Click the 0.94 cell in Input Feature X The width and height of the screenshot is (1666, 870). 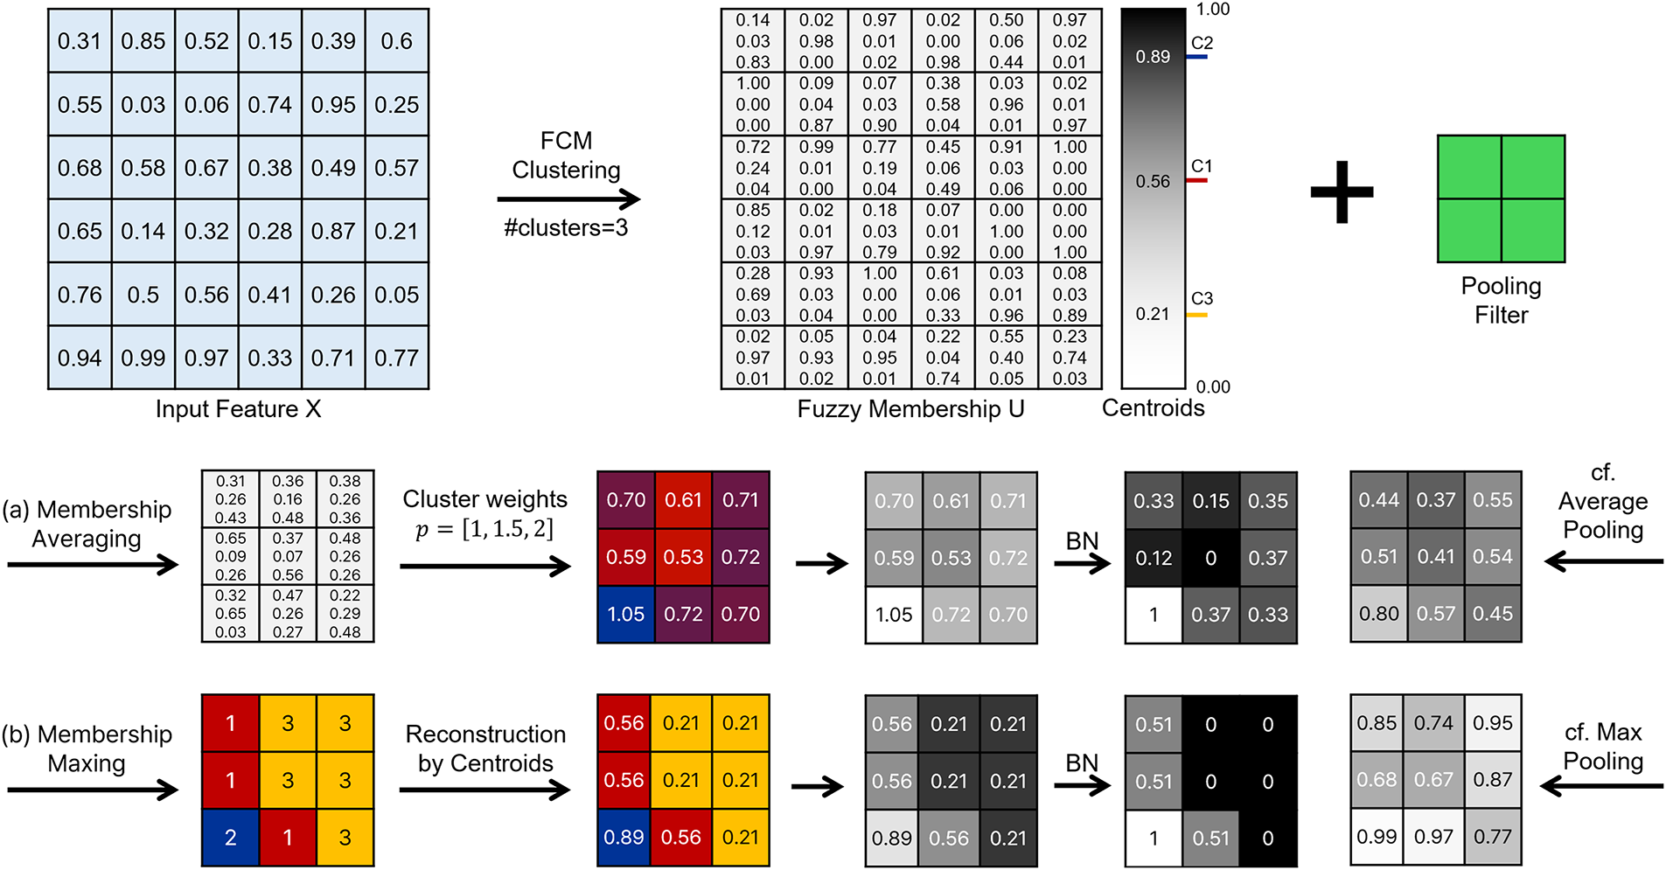point(80,358)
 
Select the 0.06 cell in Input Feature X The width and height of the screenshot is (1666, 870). point(206,104)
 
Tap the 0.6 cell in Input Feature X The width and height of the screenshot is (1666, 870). point(397,41)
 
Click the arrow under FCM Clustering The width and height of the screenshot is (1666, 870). point(568,199)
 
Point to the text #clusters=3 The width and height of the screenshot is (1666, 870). point(566,228)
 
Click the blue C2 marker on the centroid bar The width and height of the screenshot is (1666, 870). point(1197,57)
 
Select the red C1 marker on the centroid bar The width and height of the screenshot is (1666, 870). point(1196,180)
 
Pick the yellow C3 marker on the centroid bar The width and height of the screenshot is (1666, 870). point(1196,315)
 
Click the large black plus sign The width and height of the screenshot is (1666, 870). point(1342,192)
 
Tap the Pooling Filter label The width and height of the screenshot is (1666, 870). point(1501,300)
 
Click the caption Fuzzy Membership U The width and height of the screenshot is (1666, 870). point(910,409)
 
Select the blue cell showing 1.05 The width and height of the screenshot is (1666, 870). point(626,614)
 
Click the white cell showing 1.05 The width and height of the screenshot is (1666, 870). point(894,615)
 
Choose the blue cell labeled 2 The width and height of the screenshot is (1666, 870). point(230,838)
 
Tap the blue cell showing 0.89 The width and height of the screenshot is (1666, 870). point(624,838)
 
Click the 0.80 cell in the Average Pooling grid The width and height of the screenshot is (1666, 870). point(1378,614)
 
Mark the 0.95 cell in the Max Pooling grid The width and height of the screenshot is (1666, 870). point(1492,723)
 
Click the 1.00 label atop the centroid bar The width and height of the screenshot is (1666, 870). point(1213,10)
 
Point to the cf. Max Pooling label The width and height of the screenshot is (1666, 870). point(1603,746)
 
